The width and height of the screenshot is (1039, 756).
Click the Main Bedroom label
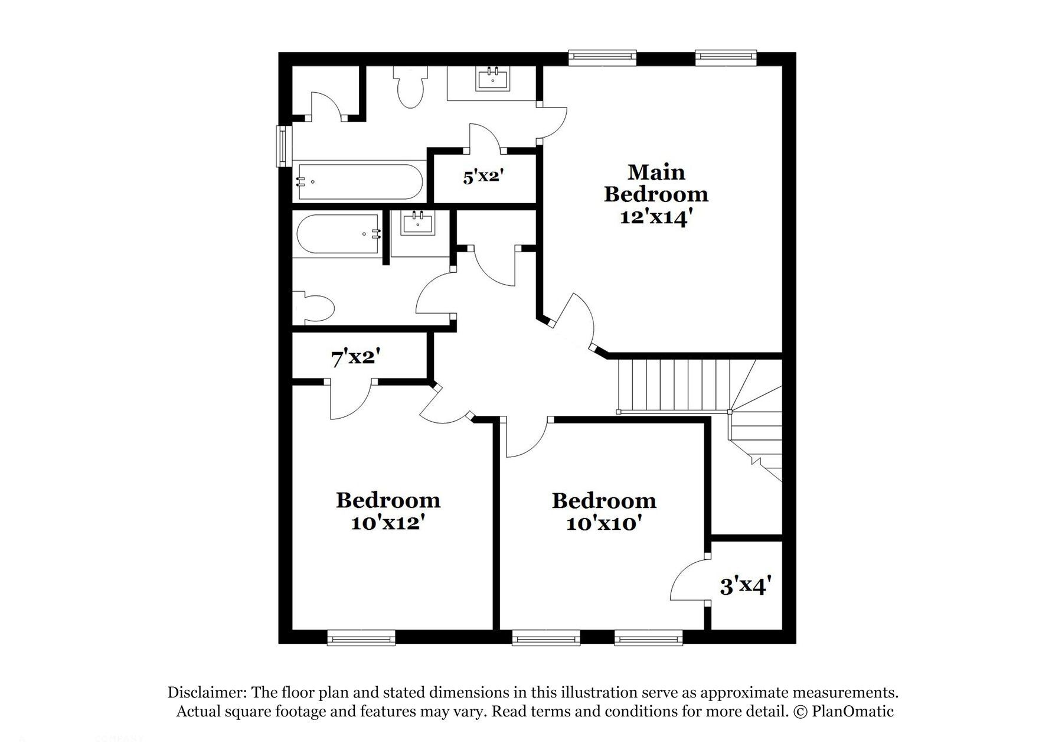click(x=656, y=183)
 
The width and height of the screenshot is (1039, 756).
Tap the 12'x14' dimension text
click(x=655, y=218)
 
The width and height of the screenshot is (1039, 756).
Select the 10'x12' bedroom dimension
click(x=388, y=523)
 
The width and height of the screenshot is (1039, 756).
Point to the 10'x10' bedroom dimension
click(x=604, y=523)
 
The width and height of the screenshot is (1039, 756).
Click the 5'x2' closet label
click(x=482, y=176)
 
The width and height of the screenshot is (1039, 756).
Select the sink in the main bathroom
click(x=492, y=78)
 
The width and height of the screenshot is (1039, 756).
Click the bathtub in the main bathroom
click(x=360, y=182)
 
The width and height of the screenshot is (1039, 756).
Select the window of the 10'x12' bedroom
click(x=361, y=637)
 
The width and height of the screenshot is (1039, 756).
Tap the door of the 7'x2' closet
click(x=350, y=400)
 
